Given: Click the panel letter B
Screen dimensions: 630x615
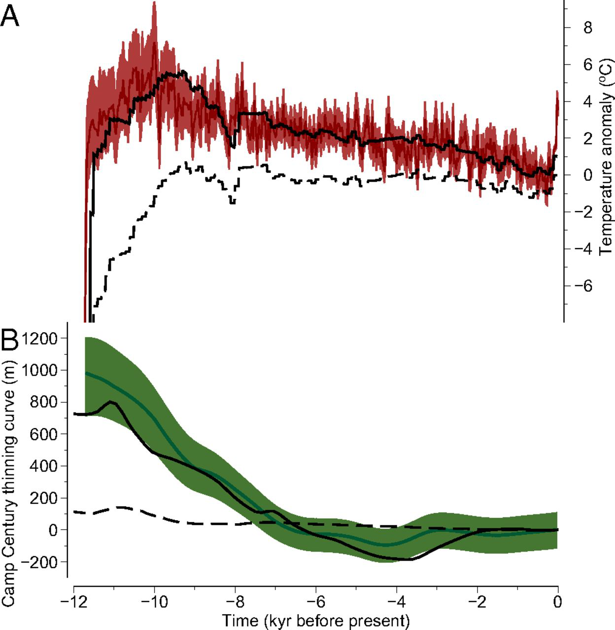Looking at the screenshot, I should pyautogui.click(x=10, y=339).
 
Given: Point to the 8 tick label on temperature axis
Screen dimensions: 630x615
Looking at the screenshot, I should pyautogui.click(x=587, y=28).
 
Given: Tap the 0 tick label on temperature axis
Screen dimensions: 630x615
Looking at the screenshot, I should pyautogui.click(x=587, y=175).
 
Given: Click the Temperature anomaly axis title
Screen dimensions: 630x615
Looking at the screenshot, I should pyautogui.click(x=605, y=156).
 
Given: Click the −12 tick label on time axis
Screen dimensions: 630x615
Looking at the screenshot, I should pyautogui.click(x=73, y=602).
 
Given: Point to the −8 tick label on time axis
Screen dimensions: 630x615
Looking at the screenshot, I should pyautogui.click(x=235, y=602).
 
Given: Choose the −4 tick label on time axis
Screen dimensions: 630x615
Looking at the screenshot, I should pyautogui.click(x=396, y=602).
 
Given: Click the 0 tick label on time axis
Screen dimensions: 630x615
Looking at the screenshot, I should pyautogui.click(x=557, y=602).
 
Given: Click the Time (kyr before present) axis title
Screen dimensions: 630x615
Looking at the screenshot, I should pyautogui.click(x=315, y=620).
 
